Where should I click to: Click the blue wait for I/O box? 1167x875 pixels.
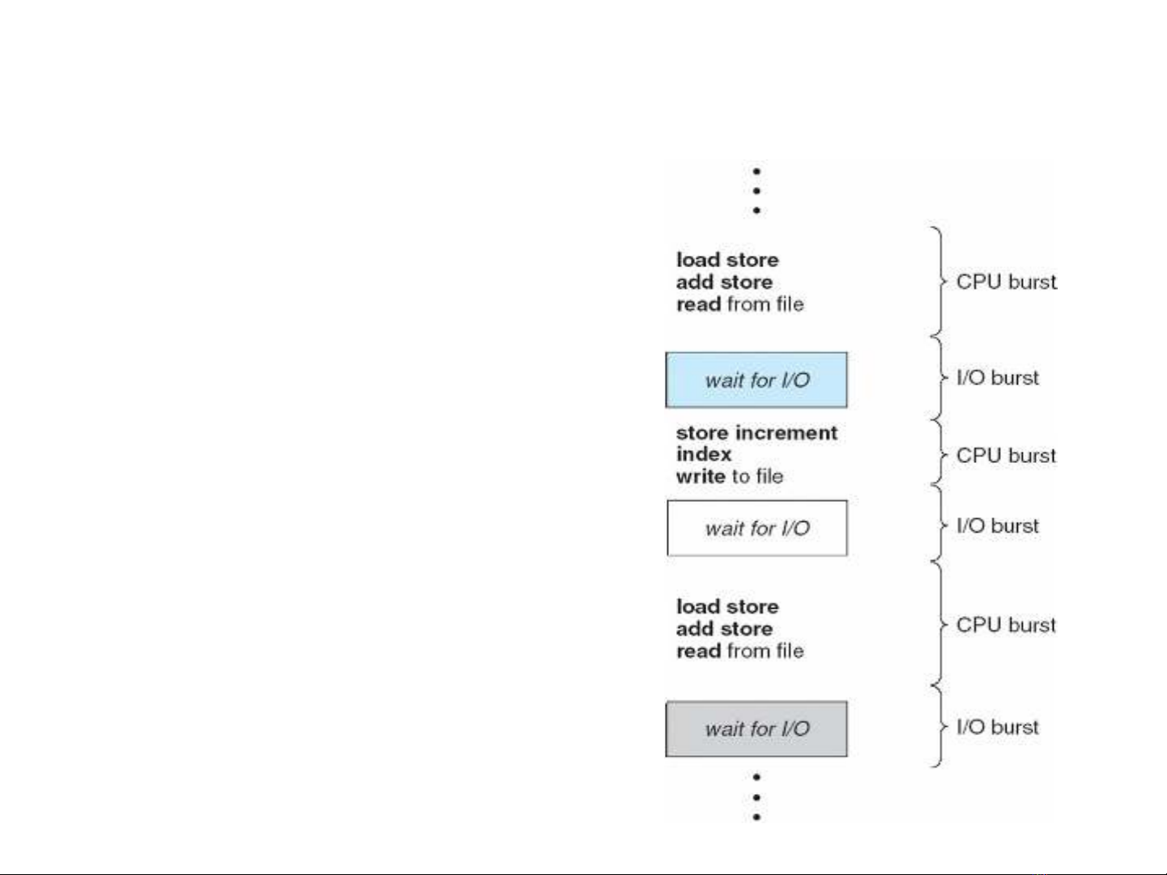coord(756,380)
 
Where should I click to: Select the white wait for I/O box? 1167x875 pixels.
coord(757,528)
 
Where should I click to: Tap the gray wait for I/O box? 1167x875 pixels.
coord(756,729)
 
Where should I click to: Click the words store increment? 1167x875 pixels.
coord(756,433)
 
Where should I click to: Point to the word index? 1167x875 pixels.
coord(704,454)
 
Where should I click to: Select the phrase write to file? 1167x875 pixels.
coord(730,476)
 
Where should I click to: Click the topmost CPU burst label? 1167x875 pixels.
coord(1006,282)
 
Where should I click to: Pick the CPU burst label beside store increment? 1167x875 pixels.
coord(1006,455)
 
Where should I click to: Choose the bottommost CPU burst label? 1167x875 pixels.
coord(1006,625)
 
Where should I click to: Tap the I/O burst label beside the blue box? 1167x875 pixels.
coord(997,378)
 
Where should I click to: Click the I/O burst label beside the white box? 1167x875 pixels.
coord(997,526)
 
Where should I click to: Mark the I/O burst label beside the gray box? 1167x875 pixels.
coord(997,727)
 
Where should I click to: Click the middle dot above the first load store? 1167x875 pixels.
coord(756,191)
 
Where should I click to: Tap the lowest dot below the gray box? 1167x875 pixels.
coord(756,817)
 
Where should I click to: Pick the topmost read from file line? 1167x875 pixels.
coord(739,304)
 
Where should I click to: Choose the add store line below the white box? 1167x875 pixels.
coord(724,629)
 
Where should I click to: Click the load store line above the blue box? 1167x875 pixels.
coord(727,260)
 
